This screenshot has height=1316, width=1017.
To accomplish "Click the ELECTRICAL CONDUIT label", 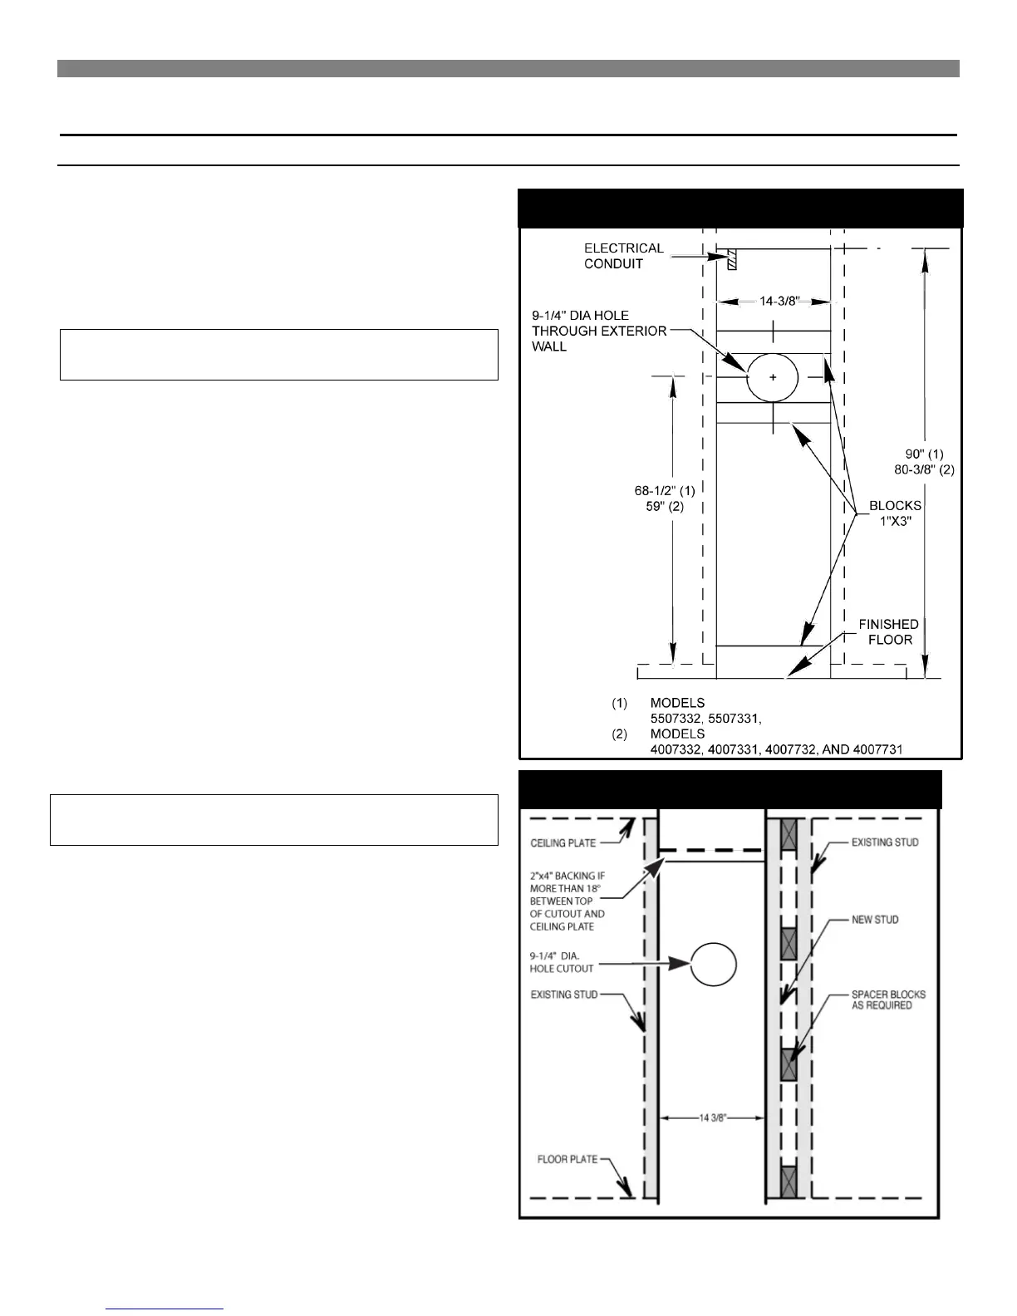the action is tap(623, 256).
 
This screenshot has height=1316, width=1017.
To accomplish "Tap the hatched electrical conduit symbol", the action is tap(731, 259).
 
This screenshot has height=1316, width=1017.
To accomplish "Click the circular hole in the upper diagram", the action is tap(773, 377).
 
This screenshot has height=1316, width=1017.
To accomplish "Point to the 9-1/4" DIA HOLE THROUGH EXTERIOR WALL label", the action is tap(598, 331).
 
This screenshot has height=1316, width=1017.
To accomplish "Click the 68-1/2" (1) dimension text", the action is tap(665, 491).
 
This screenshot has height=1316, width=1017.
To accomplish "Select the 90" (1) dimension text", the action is tap(924, 454).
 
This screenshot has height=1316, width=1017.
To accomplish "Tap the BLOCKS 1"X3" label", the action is tap(895, 513).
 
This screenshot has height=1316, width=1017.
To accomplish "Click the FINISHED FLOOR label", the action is tap(888, 631).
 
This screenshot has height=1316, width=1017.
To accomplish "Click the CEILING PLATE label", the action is tap(563, 843).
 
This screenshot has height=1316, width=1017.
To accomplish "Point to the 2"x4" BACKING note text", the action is tap(567, 901).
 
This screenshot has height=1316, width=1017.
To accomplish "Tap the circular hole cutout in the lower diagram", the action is tap(714, 964).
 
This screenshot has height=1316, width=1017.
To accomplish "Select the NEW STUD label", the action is tap(875, 920).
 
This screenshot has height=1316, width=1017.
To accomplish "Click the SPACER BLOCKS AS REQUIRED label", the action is tap(888, 999).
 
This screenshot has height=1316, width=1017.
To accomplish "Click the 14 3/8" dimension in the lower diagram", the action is tap(711, 1118).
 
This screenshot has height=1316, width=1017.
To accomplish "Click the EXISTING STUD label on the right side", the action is tap(885, 842).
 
